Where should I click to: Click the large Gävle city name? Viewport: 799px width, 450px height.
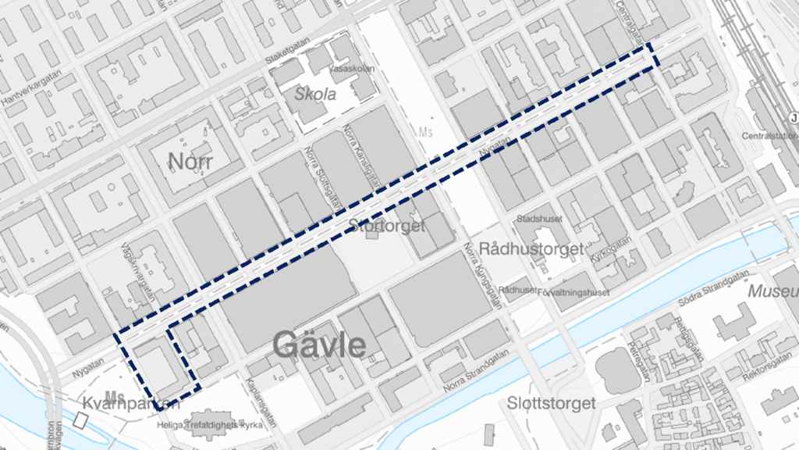pos(319,344)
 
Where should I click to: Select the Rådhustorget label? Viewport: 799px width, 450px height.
pos(532,249)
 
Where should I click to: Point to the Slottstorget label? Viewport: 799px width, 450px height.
pos(551,403)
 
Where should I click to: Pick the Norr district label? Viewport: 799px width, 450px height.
pos(191,161)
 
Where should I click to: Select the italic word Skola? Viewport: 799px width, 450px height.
pos(316,95)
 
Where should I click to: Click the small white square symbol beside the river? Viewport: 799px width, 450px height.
pos(81,421)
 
